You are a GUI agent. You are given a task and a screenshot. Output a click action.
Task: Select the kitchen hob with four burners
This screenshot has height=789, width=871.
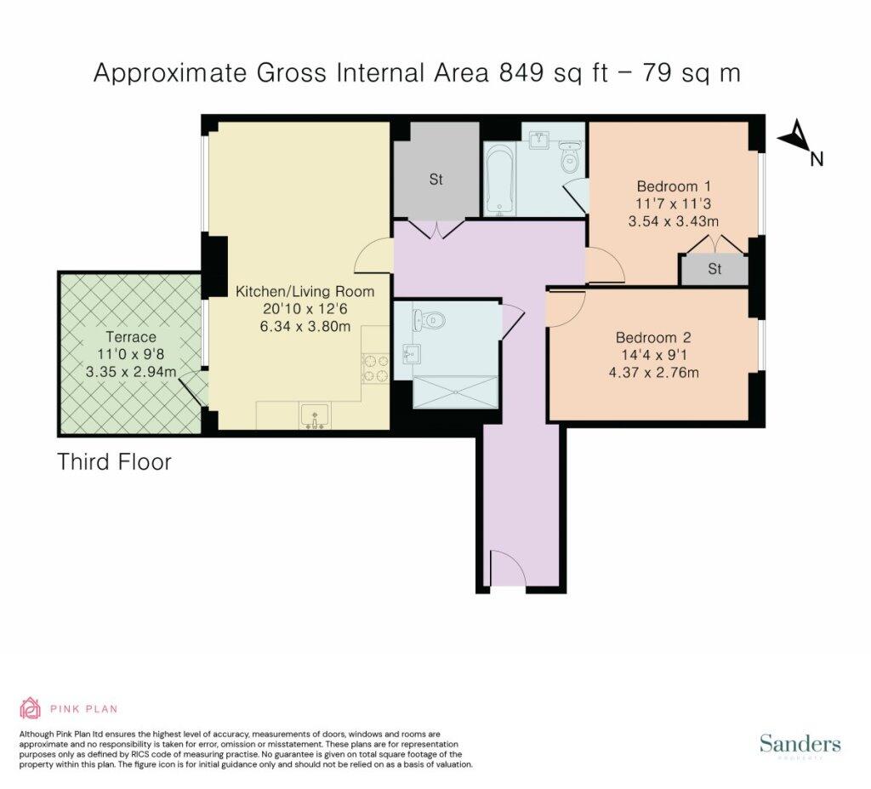point(375,369)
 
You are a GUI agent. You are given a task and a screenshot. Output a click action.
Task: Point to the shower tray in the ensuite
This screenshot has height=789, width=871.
point(455,392)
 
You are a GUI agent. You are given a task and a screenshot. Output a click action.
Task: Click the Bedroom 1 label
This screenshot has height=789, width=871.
point(674,186)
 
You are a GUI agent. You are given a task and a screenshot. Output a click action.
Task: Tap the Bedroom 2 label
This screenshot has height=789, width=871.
point(653,338)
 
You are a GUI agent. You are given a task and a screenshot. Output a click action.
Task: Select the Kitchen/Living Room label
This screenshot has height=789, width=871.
point(305,291)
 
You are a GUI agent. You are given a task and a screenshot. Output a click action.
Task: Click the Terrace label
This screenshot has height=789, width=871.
point(131,337)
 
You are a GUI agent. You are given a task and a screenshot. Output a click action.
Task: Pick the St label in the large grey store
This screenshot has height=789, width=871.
point(436,179)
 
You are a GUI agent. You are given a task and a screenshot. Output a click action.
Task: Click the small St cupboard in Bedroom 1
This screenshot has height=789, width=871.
point(714,270)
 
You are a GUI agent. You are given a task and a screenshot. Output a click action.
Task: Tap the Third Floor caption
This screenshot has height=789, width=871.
point(115,462)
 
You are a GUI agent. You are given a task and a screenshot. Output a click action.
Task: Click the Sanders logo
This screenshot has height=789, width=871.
point(800,744)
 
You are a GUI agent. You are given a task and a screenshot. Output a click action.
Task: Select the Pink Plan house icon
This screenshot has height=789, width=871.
point(31,708)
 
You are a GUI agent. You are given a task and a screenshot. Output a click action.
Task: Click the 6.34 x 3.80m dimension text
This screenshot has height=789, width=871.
point(305,326)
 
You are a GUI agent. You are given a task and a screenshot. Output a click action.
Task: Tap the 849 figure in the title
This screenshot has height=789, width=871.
point(521,73)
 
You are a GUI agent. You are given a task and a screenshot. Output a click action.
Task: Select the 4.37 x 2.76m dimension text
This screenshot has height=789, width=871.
point(654,373)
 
